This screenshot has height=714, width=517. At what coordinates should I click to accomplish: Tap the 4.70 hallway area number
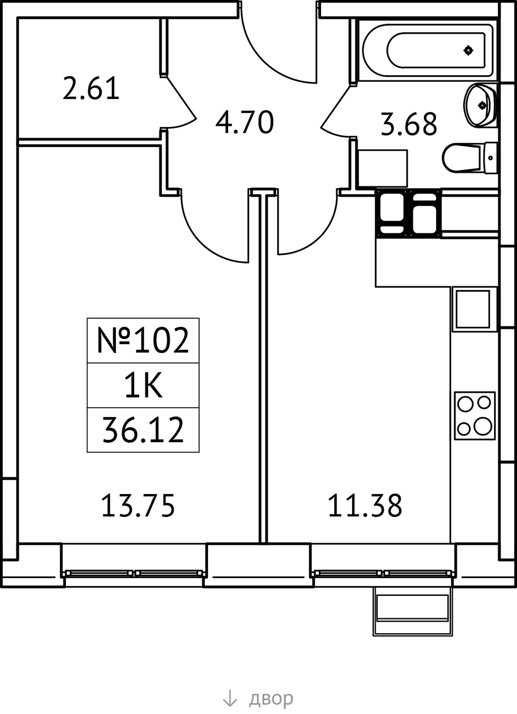[245, 122]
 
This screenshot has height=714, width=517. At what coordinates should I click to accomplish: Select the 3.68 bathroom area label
[409, 125]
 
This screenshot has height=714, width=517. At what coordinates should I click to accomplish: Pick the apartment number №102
[143, 341]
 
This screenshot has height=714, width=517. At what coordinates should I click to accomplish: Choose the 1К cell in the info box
[143, 386]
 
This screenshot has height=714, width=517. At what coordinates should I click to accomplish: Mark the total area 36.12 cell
[143, 430]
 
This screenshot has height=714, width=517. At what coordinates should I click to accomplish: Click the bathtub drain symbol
[468, 51]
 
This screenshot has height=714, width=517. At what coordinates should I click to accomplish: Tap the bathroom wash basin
[480, 105]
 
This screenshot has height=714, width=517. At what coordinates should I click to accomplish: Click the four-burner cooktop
[475, 416]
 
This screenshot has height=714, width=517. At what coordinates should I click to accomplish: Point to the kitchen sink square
[473, 309]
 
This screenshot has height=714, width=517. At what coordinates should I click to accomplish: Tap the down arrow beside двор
[230, 698]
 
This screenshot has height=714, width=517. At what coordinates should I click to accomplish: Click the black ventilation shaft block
[408, 213]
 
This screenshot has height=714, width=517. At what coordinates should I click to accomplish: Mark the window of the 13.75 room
[134, 574]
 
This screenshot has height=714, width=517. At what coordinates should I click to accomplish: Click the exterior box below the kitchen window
[413, 612]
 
